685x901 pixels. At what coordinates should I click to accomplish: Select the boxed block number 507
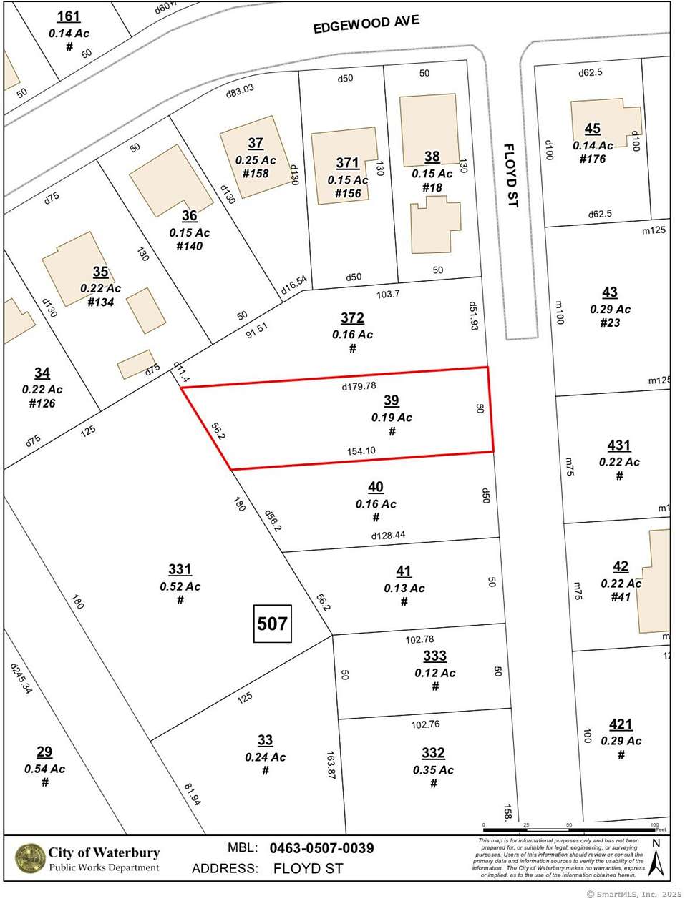click(272, 624)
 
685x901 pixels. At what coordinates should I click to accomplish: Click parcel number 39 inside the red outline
click(391, 400)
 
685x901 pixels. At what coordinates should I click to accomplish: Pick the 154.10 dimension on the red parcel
click(361, 450)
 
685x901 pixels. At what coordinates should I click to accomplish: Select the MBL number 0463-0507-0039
click(321, 848)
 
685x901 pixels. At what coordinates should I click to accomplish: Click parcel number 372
click(352, 318)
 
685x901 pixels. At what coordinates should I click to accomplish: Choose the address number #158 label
click(256, 174)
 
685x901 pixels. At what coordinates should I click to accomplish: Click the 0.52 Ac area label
click(180, 586)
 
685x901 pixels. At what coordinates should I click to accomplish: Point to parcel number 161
click(69, 16)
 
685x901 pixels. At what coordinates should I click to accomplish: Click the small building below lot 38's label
click(435, 225)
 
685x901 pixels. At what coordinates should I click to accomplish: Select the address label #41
click(621, 596)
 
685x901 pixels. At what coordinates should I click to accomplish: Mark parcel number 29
click(44, 752)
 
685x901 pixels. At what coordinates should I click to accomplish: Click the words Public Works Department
click(104, 867)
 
